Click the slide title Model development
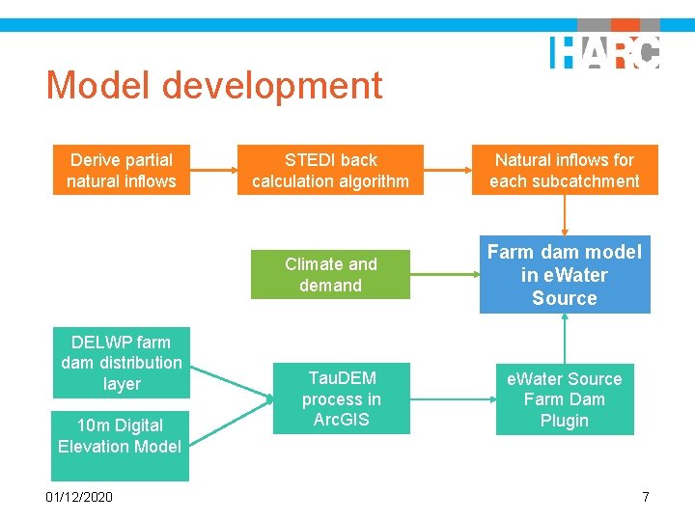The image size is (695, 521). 214,86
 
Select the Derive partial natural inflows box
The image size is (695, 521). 122,171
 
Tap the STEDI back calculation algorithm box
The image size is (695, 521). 330,171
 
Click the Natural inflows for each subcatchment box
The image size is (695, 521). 564,171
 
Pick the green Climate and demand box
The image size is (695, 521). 330,274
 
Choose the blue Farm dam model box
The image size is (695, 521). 564,275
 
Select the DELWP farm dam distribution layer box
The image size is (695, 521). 121,363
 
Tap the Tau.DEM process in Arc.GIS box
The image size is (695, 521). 341,398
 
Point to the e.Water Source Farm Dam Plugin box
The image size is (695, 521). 564,399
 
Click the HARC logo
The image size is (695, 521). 604,51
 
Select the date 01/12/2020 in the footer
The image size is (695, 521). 78,496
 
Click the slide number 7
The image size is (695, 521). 646,496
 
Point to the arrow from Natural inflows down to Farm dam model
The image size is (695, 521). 565,215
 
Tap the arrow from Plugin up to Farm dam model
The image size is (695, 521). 565,338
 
